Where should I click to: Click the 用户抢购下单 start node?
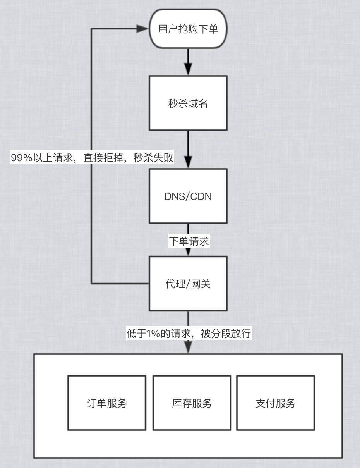point(188,29)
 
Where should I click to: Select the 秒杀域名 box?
point(188,103)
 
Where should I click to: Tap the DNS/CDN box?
point(188,196)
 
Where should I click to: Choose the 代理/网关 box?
point(188,284)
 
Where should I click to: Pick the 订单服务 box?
point(107,403)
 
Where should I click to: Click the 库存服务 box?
point(192,403)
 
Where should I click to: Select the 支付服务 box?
point(276,403)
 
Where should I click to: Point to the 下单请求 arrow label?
point(189,241)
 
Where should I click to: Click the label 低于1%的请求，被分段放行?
point(189,334)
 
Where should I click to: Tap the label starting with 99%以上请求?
point(92,158)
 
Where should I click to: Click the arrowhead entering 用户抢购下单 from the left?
point(144,29)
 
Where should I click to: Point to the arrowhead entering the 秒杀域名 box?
point(188,70)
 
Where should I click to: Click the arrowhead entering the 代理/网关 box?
point(188,252)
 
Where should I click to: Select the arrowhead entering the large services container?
point(188,348)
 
